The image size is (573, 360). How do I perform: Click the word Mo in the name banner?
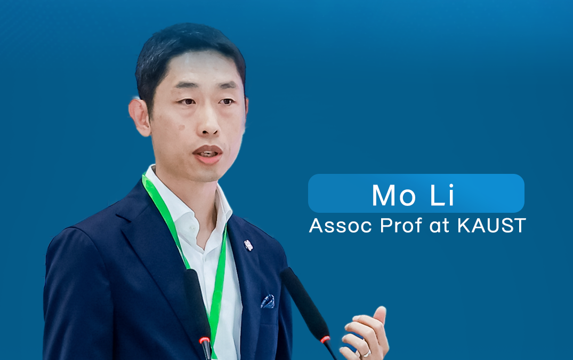pos(393,195)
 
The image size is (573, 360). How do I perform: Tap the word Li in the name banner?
pos(442,195)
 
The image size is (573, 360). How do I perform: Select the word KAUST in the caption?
pos(491,226)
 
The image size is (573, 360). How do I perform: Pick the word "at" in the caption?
pos(439,226)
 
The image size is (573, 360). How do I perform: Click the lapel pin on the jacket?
pos(248,245)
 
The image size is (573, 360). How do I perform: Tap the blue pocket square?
pos(268,301)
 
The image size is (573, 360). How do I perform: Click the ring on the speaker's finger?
pos(367,354)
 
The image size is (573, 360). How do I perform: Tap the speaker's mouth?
pos(208,154)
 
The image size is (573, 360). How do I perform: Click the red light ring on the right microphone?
pos(325,340)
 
